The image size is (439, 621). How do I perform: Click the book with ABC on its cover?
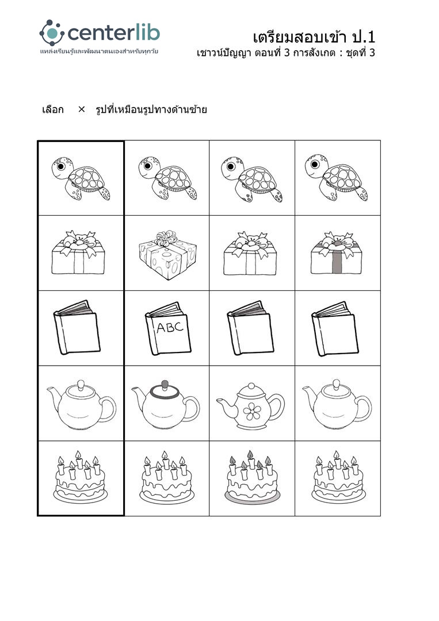click(x=168, y=328)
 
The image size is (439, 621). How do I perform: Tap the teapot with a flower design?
click(x=251, y=407)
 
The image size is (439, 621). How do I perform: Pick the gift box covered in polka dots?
click(x=167, y=255)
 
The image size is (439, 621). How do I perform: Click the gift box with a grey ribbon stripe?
click(x=337, y=253)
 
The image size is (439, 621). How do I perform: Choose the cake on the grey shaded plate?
click(x=252, y=477)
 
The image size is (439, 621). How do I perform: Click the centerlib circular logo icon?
click(x=52, y=32)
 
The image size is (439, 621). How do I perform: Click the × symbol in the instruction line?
click(x=81, y=109)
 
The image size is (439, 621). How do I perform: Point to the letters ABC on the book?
click(x=170, y=327)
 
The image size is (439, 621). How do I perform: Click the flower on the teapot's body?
click(x=252, y=411)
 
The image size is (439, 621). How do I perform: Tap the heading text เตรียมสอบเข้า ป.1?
click(x=314, y=37)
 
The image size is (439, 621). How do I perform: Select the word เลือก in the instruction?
click(x=53, y=109)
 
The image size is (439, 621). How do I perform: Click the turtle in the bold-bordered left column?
click(x=81, y=178)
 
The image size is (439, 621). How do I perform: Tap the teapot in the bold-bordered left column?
click(x=81, y=405)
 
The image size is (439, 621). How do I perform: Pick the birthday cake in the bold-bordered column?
click(x=81, y=477)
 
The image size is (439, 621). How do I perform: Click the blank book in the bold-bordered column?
click(x=77, y=328)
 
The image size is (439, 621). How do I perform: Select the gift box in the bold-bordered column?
click(x=78, y=252)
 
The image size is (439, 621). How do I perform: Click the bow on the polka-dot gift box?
click(x=166, y=237)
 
